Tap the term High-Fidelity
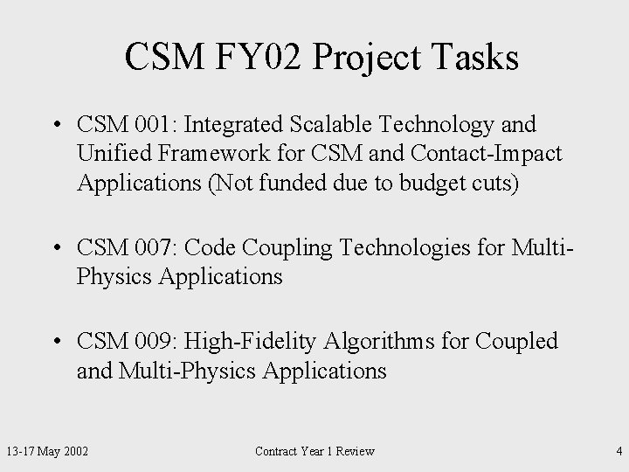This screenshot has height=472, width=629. click(x=245, y=342)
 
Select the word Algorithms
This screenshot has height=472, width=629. click(x=377, y=342)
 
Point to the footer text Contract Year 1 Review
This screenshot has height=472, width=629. click(x=314, y=451)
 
